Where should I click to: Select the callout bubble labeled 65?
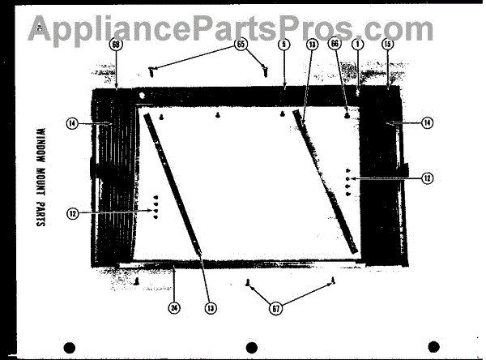click(241, 45)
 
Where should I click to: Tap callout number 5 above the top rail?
click(283, 45)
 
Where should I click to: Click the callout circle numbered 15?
click(387, 46)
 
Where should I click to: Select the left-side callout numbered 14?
click(73, 124)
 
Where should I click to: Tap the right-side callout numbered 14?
click(427, 123)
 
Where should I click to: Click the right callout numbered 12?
click(427, 177)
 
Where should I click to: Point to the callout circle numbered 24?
click(173, 307)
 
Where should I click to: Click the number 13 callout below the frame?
click(211, 307)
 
